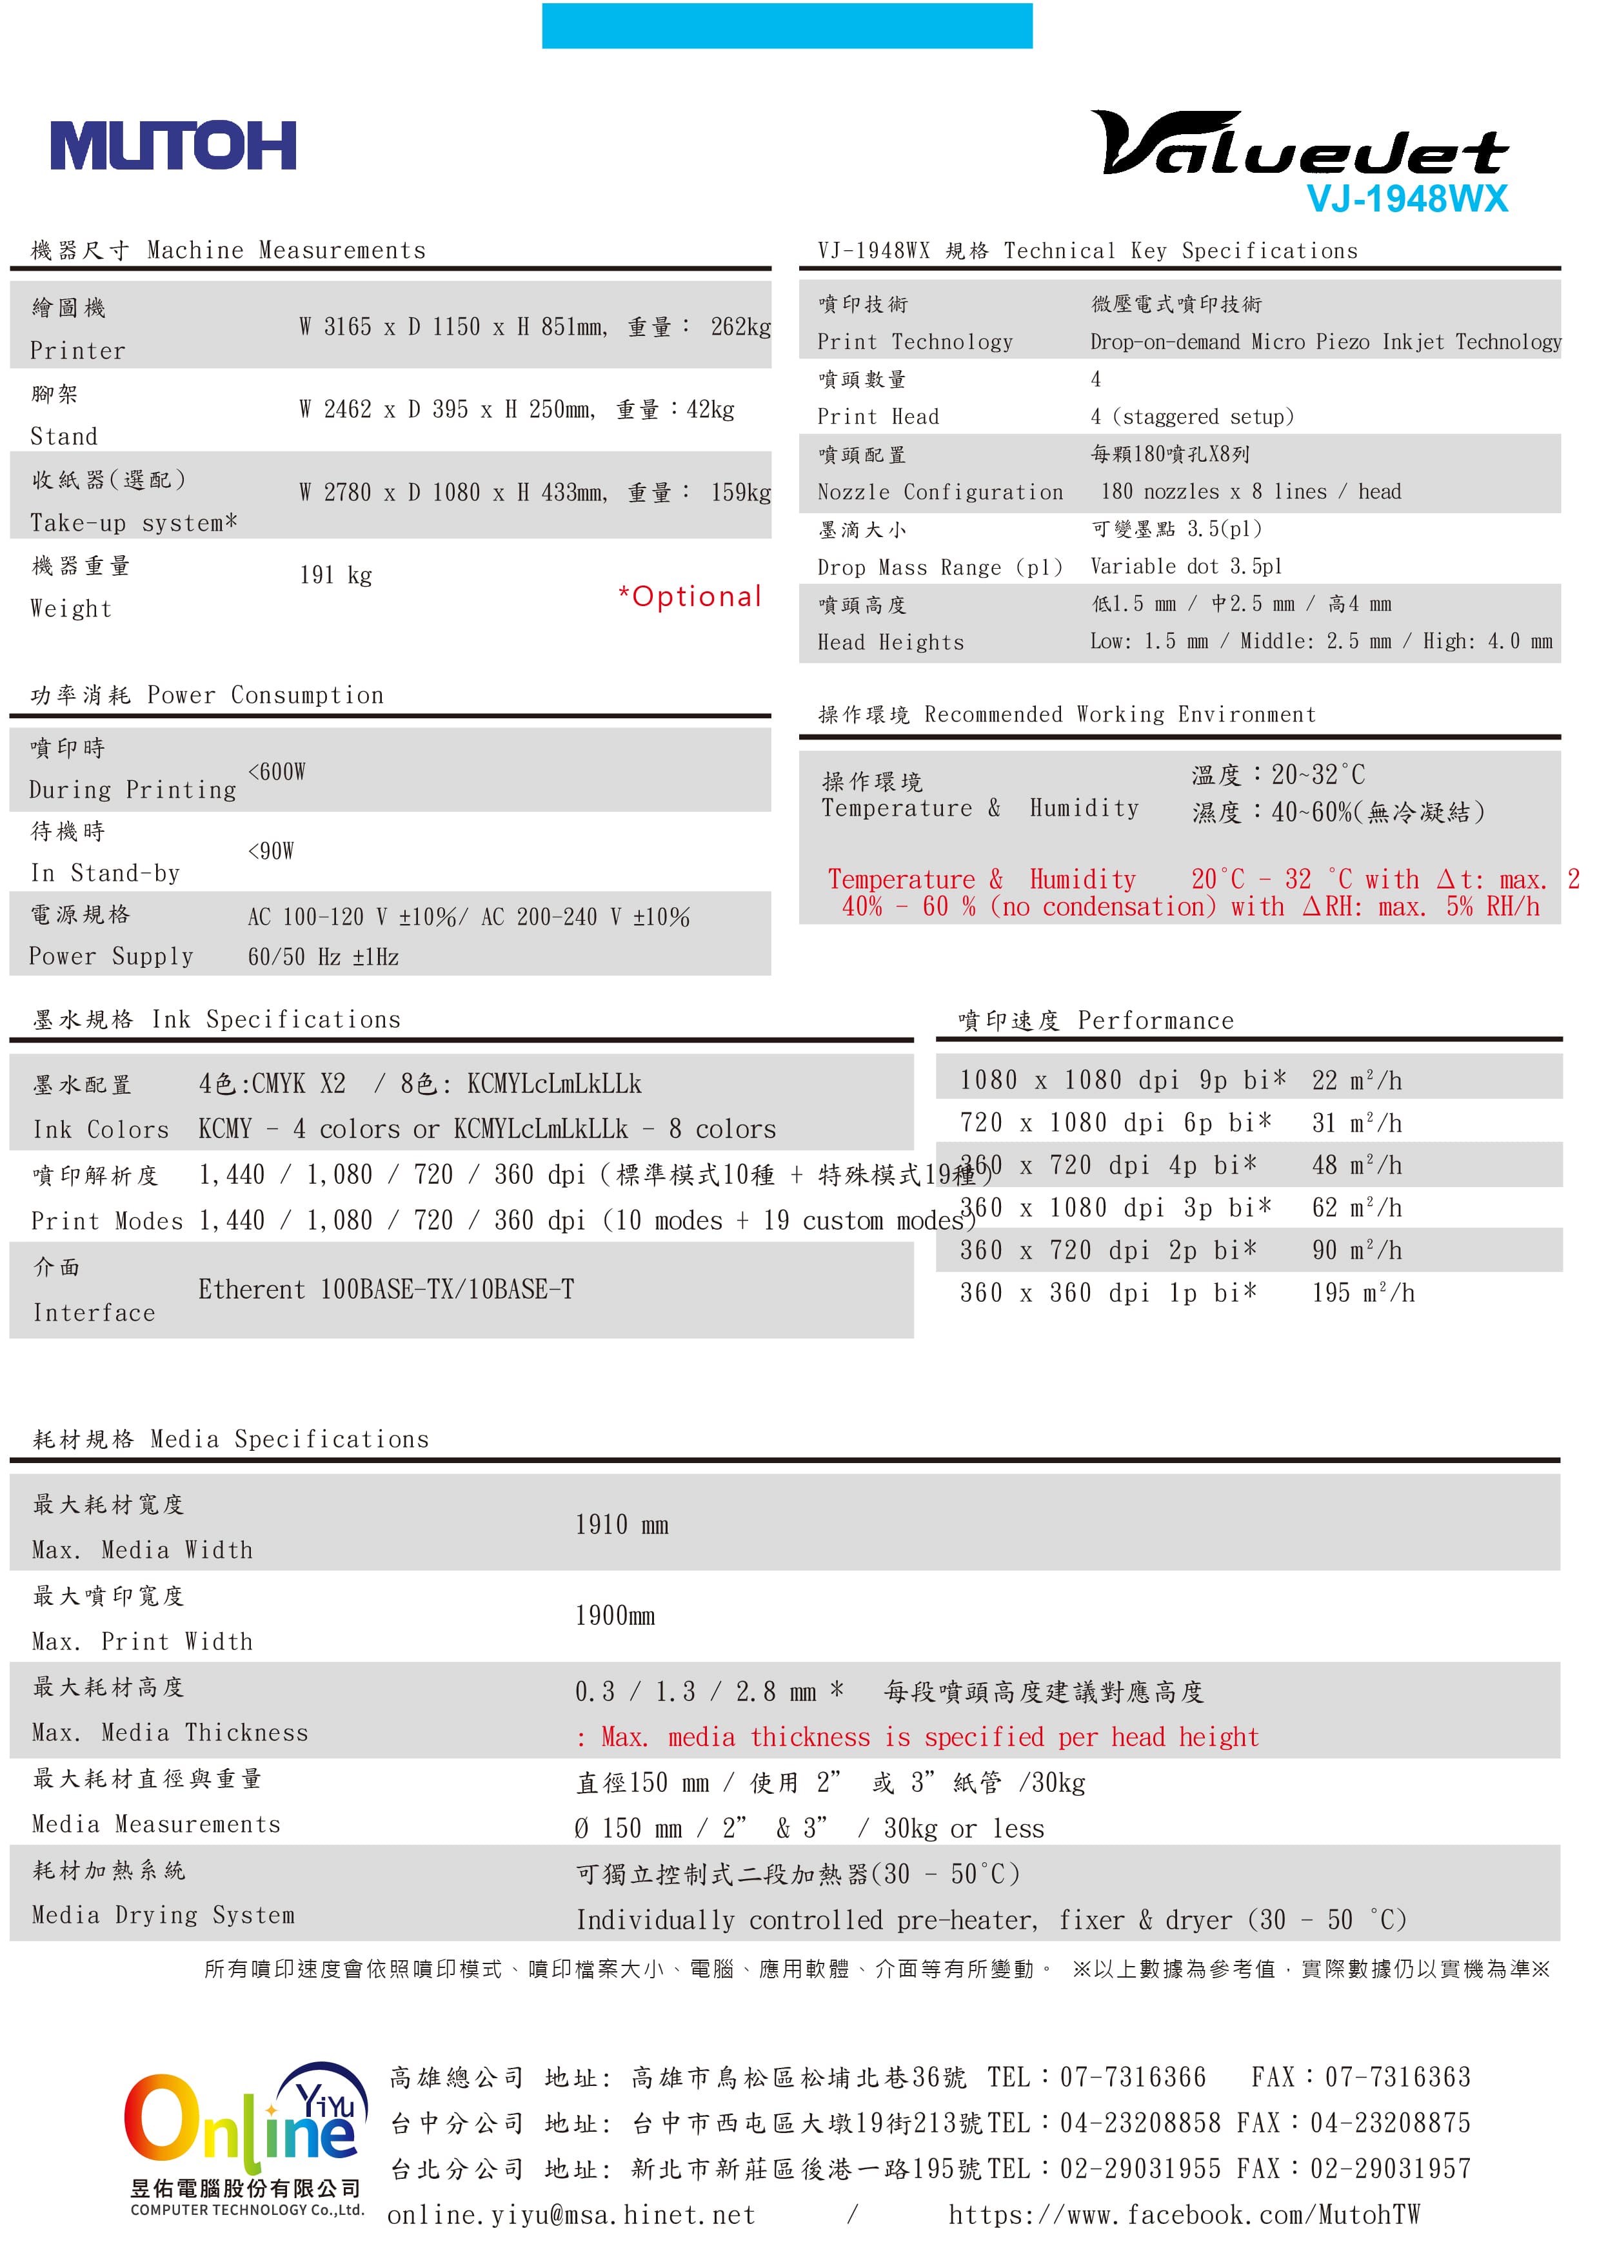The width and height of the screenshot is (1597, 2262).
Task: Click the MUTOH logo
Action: pos(174,146)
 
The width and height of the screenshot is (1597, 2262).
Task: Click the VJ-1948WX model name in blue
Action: pos(1406,200)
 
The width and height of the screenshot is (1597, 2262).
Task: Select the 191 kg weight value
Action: pos(336,575)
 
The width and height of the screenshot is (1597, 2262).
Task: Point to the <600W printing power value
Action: pos(277,771)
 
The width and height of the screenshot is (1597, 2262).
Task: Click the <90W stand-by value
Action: pos(271,851)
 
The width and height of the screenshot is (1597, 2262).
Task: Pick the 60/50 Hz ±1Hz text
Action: pos(323,957)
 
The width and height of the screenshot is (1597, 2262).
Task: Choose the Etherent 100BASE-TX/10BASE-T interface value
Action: pos(386,1290)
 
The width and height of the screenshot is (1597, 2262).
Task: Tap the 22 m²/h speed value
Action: pos(1356,1081)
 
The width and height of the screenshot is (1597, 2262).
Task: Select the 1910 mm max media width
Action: pos(622,1525)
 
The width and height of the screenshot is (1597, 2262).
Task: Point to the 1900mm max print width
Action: pos(615,1616)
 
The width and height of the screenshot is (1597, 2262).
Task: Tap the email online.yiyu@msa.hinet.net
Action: pos(571,2216)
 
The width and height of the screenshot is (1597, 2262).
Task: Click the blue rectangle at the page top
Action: pos(786,26)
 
